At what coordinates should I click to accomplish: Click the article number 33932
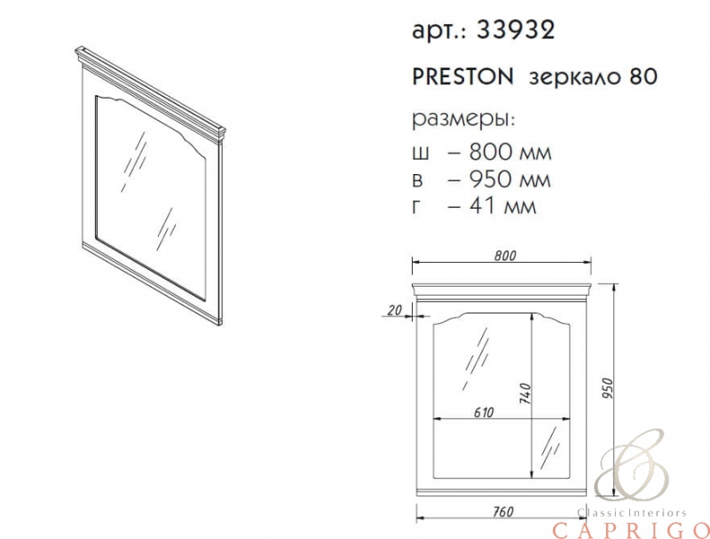(516, 30)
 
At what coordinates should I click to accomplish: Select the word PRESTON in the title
(462, 77)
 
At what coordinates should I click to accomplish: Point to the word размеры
(463, 120)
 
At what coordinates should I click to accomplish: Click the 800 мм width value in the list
(510, 152)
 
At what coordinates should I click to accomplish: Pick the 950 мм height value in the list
(509, 179)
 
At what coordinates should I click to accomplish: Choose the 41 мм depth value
(502, 206)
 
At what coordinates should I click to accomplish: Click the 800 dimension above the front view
(505, 256)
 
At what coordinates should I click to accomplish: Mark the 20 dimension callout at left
(395, 310)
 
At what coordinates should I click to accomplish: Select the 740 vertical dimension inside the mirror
(525, 393)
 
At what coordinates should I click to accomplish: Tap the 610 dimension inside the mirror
(483, 413)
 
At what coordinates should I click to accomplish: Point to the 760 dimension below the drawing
(502, 511)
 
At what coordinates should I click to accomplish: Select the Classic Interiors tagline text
(632, 512)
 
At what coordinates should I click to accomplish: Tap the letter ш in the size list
(421, 154)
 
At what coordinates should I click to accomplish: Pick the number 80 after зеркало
(642, 77)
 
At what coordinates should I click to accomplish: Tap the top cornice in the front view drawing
(501, 289)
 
